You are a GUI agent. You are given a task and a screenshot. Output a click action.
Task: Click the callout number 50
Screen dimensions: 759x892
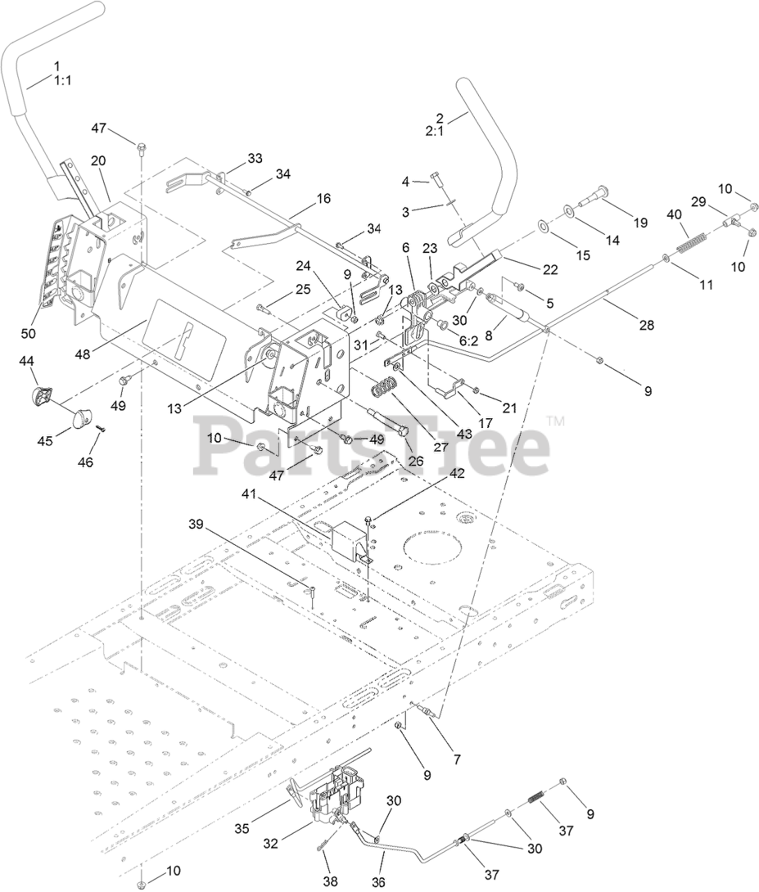coord(28,333)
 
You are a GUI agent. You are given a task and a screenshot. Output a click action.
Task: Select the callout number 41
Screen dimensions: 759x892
coord(250,494)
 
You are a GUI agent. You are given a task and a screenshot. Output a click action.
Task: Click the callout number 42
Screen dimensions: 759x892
coord(456,472)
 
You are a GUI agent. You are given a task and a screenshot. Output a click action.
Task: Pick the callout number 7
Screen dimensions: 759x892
coord(457,759)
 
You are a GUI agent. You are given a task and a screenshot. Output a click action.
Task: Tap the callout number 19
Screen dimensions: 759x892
coord(641,223)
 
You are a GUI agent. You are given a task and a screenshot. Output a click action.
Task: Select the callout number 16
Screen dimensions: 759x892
coord(323,199)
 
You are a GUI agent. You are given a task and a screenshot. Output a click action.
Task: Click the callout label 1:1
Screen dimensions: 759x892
coord(63,80)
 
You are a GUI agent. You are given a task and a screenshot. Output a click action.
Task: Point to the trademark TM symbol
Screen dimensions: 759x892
coord(555,421)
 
